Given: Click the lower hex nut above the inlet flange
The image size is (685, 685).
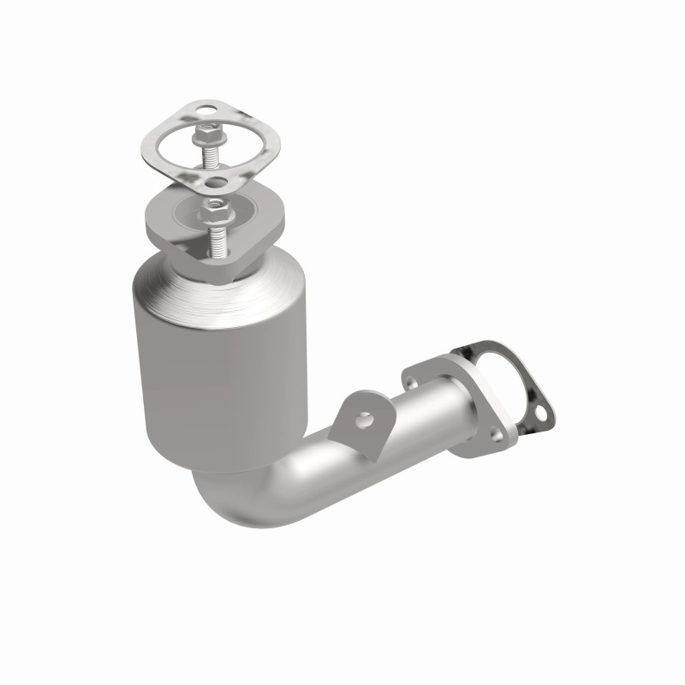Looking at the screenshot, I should (214, 206).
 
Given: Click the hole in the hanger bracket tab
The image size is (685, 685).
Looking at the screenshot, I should (366, 420).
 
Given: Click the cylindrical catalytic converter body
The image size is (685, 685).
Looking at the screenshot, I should (218, 377).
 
